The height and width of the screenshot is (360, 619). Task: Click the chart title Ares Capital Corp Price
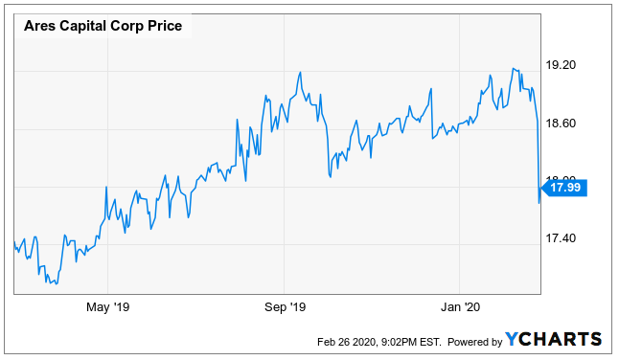point(103,26)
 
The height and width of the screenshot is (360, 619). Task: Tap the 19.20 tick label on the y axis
point(561,65)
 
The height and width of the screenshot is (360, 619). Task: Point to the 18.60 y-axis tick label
point(561,124)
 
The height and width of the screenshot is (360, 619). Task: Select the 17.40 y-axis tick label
point(561,238)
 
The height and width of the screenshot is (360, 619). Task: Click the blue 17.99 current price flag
point(563,188)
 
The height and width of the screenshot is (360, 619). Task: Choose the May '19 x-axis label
point(107,306)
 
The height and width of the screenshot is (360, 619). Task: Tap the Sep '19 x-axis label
point(285,306)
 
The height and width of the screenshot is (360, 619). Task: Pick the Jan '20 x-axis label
point(460,306)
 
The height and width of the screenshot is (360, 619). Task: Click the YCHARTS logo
point(554,339)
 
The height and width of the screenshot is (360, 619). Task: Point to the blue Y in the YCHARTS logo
point(512,339)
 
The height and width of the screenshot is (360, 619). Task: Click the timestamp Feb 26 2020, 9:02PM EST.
point(379,342)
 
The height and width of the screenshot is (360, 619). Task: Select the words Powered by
point(475,342)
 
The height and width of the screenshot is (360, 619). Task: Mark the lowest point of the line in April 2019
point(57,284)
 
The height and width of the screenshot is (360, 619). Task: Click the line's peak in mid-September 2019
point(301,72)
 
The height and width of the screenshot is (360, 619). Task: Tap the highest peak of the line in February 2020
point(514,68)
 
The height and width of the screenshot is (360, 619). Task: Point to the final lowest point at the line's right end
point(539,203)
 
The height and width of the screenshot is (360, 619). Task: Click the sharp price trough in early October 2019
point(330,177)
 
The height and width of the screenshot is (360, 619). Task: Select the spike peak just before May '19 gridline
point(106,187)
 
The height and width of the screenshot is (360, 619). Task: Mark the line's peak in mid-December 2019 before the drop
point(431,89)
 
